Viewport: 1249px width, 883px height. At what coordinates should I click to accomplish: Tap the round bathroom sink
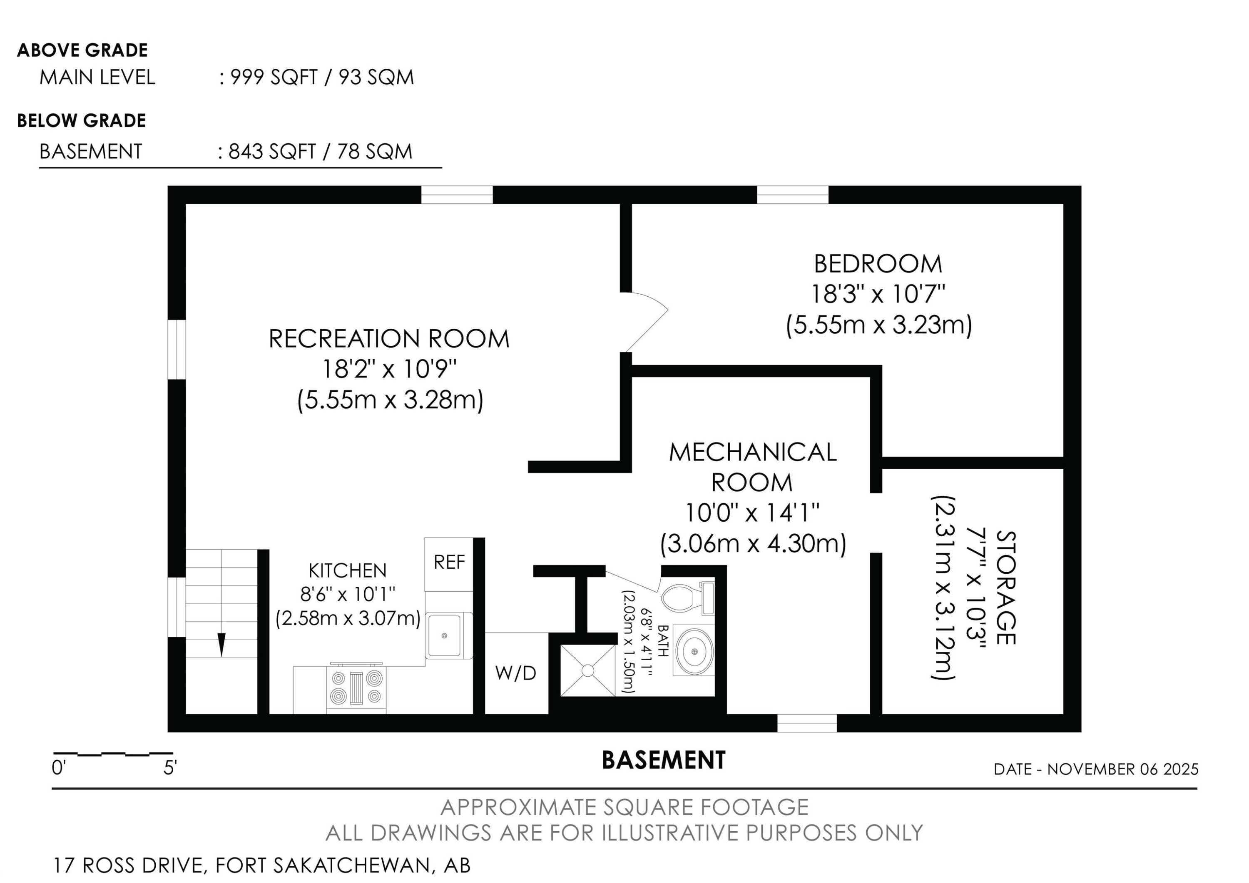tap(694, 651)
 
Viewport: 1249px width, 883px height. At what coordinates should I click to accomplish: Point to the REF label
tap(449, 562)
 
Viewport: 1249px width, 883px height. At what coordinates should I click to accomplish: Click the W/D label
tap(516, 673)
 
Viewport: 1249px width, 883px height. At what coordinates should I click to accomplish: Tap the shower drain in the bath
tap(587, 670)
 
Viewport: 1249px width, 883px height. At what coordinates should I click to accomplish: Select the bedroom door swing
tap(646, 322)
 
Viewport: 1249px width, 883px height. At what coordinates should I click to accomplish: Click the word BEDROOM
tap(878, 264)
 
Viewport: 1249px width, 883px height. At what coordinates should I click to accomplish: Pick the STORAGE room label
tap(1005, 588)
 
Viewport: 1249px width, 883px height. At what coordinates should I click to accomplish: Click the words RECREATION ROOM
tap(389, 339)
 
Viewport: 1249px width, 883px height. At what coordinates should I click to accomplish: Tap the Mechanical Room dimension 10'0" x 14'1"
tap(752, 512)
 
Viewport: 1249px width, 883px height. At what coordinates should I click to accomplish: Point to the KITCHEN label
tap(348, 570)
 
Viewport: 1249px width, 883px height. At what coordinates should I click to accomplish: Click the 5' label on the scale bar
tap(170, 768)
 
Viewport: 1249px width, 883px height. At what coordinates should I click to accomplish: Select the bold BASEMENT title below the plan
tap(664, 760)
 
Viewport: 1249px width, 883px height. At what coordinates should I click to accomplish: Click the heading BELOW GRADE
tap(82, 120)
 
